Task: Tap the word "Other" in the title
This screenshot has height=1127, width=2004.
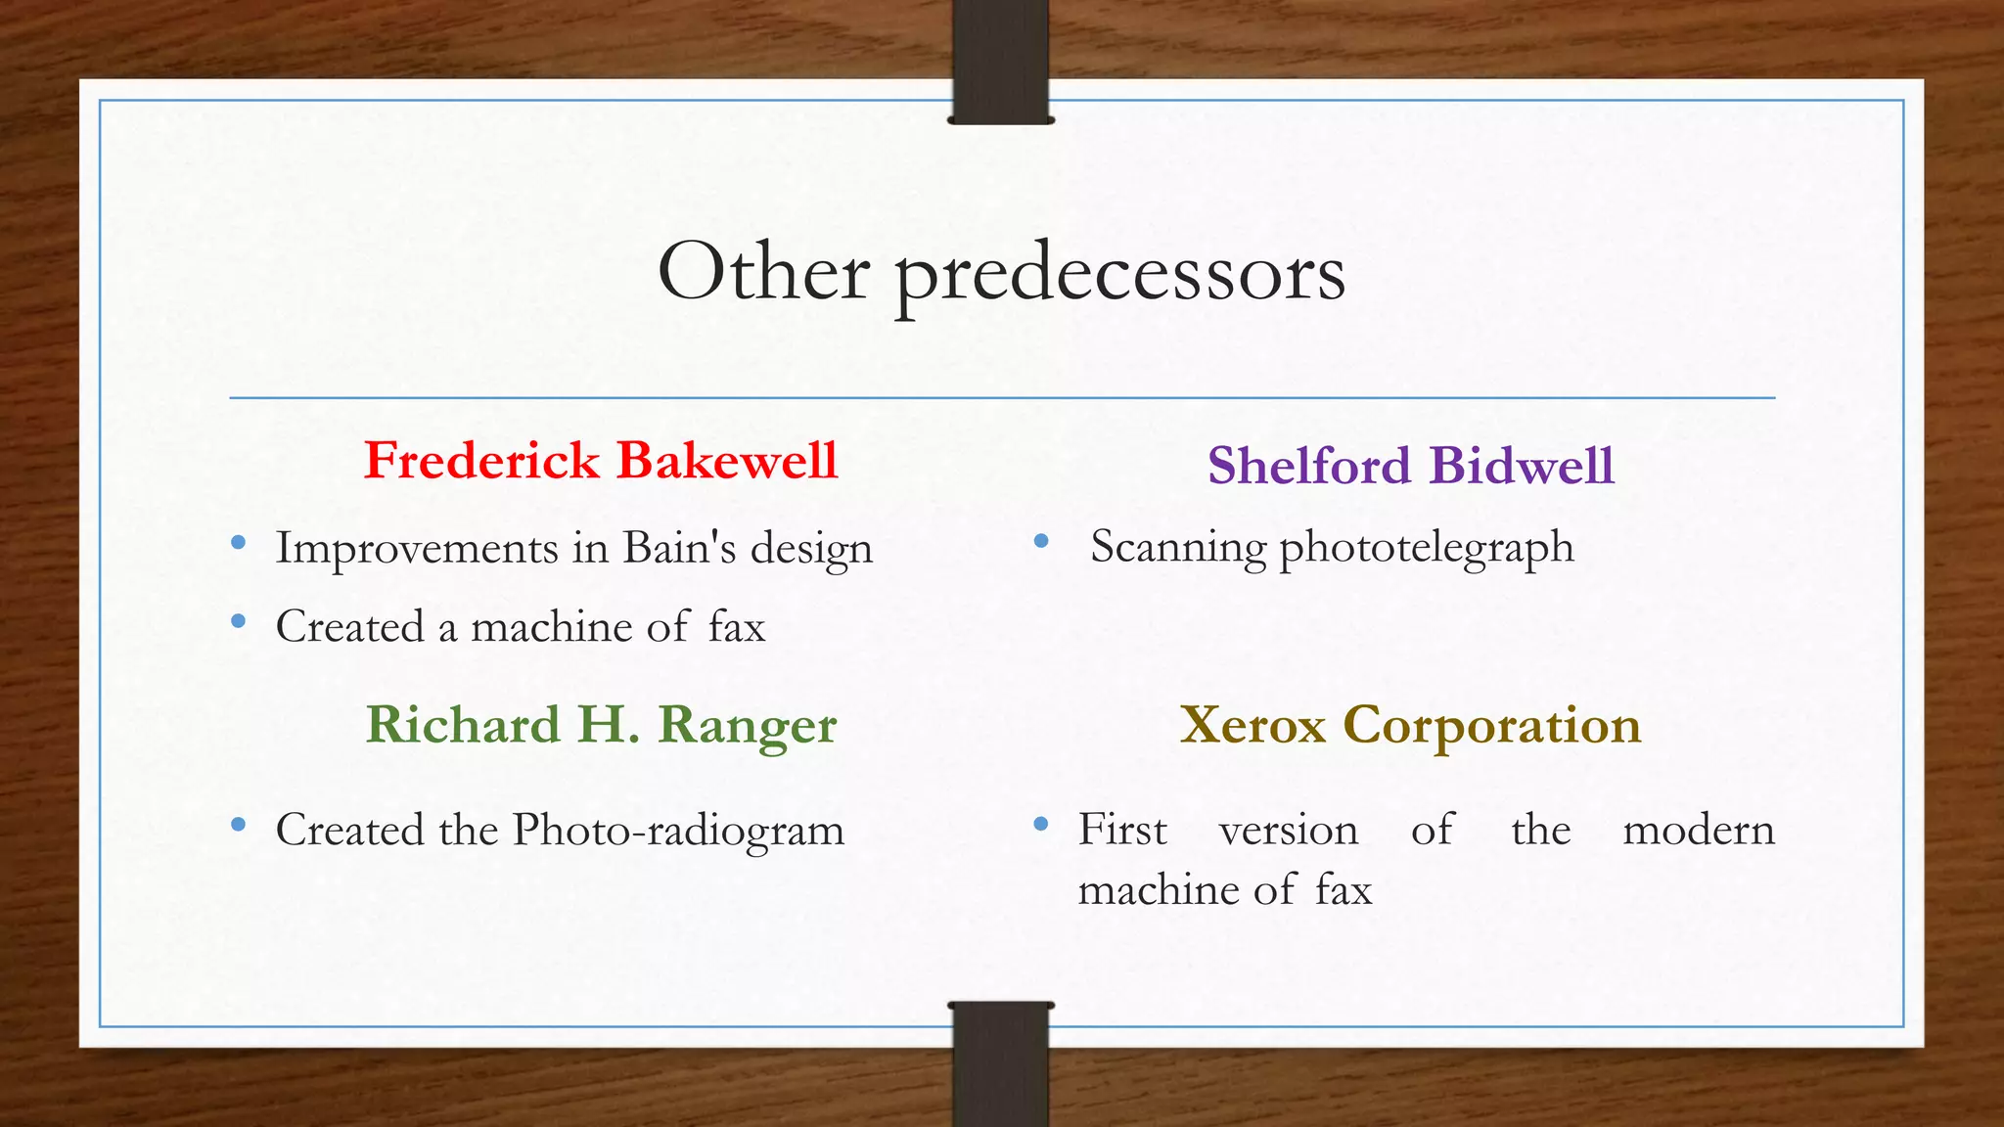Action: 763,271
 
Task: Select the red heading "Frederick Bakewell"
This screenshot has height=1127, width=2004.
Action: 601,460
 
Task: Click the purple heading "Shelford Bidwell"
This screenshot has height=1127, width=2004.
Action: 1410,465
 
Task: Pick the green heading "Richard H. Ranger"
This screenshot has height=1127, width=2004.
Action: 601,725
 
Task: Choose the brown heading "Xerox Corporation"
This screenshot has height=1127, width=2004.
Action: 1410,725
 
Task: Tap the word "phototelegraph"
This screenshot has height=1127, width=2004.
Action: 1427,548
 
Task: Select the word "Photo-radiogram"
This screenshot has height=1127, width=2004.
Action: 678,831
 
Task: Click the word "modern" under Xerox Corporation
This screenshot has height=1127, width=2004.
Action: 1698,831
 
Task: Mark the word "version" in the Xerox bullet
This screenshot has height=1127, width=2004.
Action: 1288,831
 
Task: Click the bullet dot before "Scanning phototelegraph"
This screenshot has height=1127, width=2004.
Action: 1041,541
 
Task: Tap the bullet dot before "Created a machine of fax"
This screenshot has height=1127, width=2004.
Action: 238,620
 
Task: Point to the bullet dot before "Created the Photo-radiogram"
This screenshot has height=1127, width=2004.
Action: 238,825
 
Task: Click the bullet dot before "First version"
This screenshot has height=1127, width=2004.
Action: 1041,825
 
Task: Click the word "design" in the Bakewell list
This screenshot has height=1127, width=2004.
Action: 811,549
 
